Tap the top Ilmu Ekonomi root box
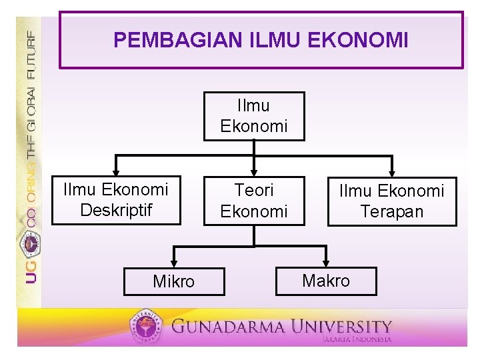click(x=254, y=116)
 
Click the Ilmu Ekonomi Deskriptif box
click(x=116, y=200)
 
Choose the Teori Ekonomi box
click(x=254, y=201)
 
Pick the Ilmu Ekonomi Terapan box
click(x=392, y=201)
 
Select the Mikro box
click(x=174, y=281)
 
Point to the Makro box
click(x=326, y=281)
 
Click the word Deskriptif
click(x=116, y=210)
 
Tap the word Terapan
click(x=392, y=212)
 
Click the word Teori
click(x=254, y=191)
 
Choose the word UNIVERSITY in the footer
click(x=347, y=327)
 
